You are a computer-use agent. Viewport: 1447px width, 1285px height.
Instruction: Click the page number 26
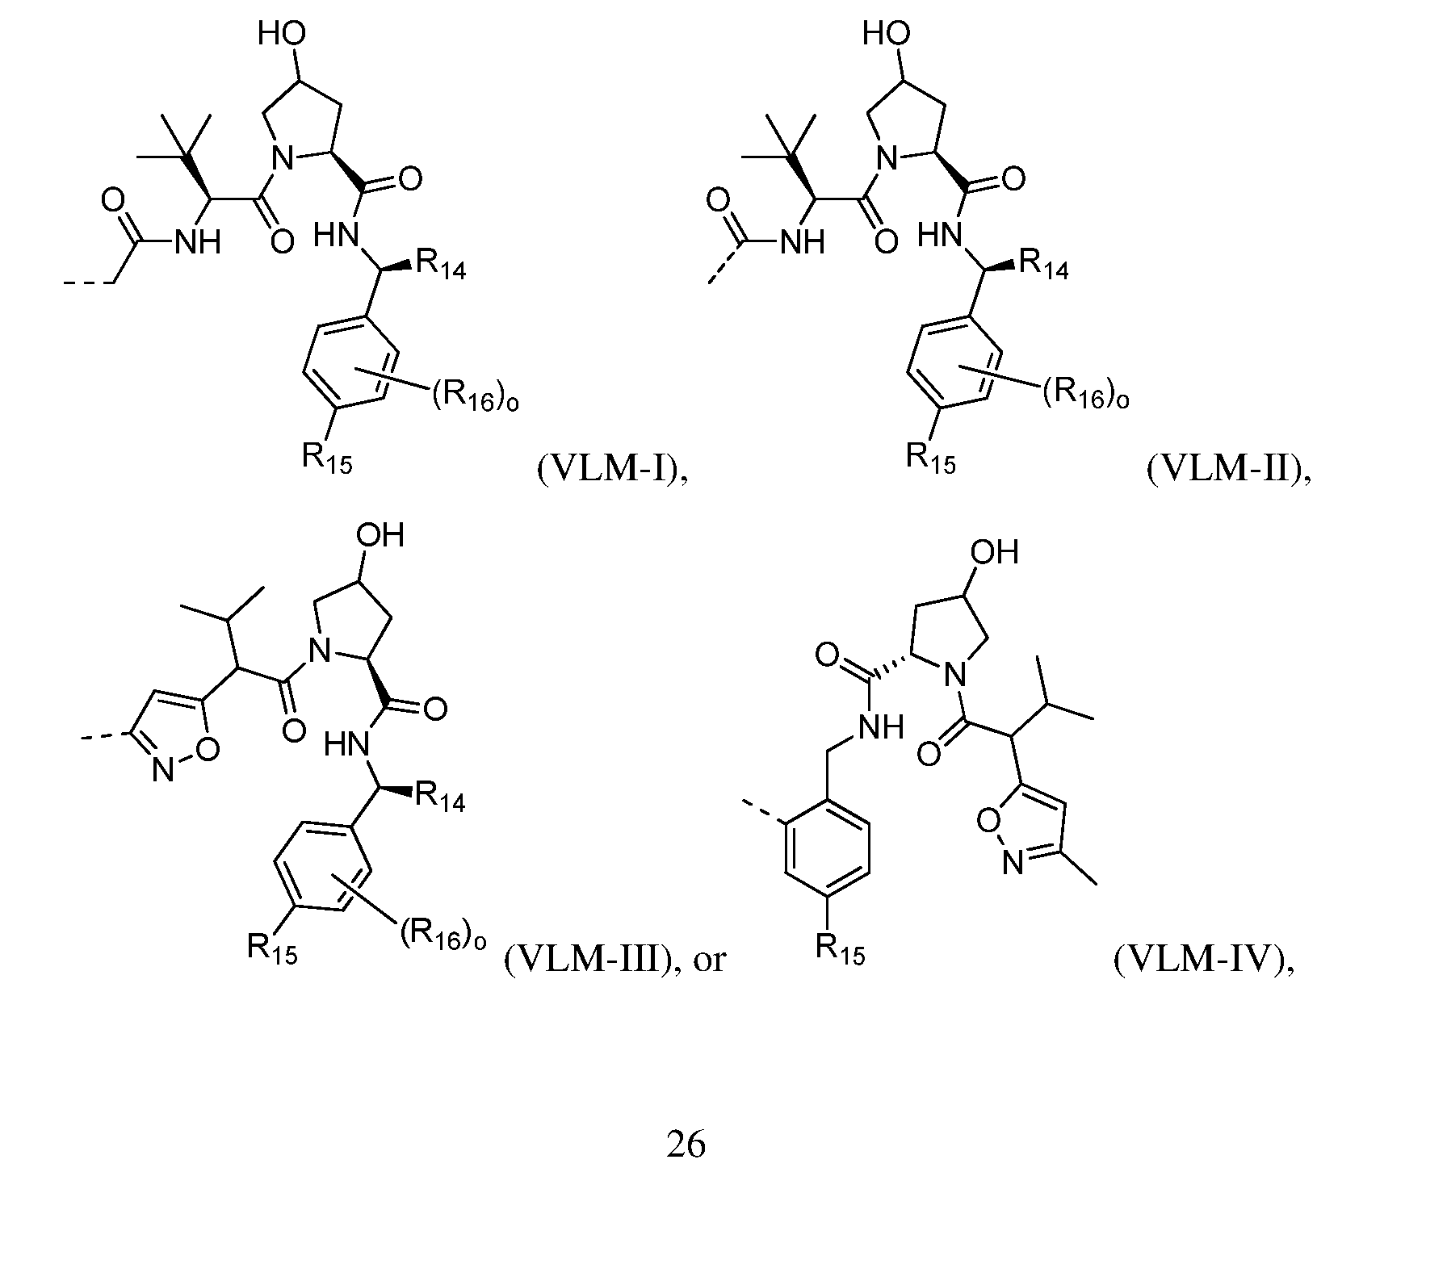(686, 1144)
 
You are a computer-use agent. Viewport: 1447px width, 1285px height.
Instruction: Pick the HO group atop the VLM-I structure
(282, 34)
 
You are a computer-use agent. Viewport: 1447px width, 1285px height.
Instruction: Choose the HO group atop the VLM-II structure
(887, 34)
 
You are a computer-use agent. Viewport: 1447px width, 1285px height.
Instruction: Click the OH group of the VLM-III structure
(380, 535)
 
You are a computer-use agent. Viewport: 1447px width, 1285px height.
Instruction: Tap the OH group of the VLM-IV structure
(994, 552)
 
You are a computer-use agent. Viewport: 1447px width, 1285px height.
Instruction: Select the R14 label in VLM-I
(440, 266)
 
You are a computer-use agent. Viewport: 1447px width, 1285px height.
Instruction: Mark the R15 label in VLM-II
(930, 458)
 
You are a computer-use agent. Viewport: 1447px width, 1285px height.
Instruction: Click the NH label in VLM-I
(197, 241)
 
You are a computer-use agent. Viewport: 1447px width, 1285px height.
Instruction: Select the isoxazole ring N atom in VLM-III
(164, 772)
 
